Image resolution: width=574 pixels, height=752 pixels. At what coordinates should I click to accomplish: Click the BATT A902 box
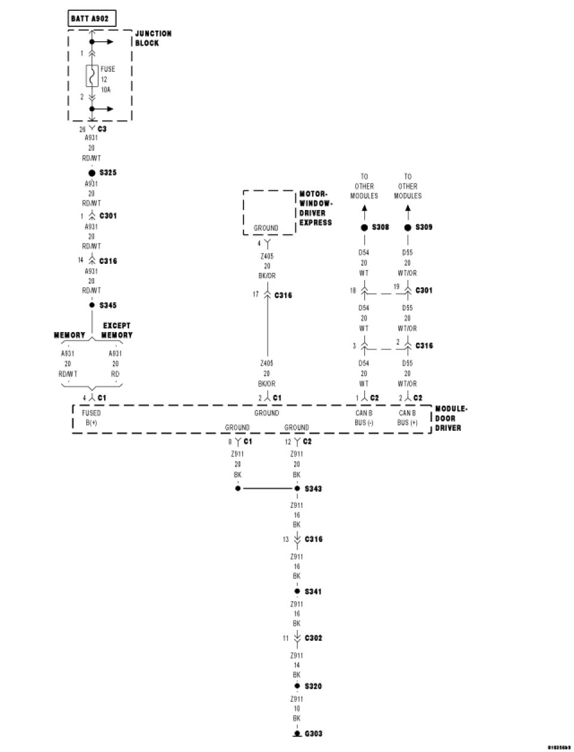(x=89, y=19)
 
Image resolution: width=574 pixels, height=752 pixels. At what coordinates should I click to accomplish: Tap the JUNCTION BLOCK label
(x=153, y=38)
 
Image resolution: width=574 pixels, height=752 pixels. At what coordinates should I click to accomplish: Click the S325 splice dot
(x=92, y=173)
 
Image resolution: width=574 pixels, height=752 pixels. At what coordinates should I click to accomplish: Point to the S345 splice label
(x=108, y=305)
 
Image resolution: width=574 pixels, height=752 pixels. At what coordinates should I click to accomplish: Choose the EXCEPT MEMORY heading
(x=116, y=330)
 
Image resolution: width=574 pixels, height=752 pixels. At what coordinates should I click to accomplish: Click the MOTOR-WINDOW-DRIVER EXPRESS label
(x=315, y=208)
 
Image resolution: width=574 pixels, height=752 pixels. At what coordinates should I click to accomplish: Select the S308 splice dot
(x=364, y=227)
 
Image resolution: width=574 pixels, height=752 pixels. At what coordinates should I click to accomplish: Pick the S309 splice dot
(x=408, y=227)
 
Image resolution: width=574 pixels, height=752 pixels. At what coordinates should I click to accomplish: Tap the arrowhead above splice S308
(x=364, y=209)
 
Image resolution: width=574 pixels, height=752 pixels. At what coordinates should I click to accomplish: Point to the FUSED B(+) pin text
(x=91, y=418)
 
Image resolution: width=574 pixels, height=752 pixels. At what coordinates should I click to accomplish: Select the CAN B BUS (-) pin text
(x=364, y=418)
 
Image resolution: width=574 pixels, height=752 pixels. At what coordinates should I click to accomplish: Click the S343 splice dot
(x=297, y=489)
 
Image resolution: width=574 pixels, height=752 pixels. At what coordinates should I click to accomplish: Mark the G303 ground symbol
(x=297, y=733)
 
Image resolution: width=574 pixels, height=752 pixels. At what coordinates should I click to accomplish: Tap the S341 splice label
(x=313, y=592)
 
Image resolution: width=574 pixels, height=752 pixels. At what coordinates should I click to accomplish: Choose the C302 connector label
(x=313, y=638)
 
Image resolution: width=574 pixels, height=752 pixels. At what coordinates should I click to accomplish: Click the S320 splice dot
(x=297, y=686)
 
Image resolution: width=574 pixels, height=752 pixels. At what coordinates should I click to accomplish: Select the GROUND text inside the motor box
(x=266, y=228)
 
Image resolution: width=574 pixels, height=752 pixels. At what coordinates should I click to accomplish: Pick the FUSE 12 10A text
(x=108, y=79)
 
